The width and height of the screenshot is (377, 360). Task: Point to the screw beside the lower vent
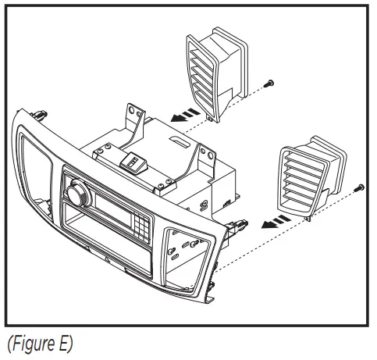tap(360, 187)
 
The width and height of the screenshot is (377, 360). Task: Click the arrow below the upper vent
tap(184, 116)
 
